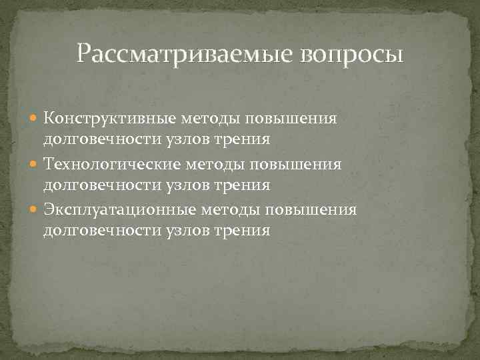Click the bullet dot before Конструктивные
(35, 119)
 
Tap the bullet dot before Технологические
(35, 165)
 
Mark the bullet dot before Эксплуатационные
(35, 211)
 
